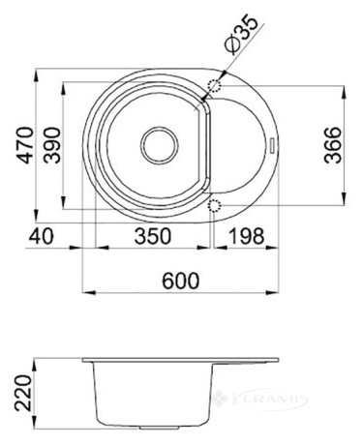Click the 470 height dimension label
[25, 145]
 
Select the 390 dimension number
[52, 145]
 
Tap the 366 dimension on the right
[333, 145]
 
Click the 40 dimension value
[41, 236]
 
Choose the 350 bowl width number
[152, 236]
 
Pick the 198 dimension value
[247, 236]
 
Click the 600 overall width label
[181, 281]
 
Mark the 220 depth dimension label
[23, 393]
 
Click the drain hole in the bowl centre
[159, 145]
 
